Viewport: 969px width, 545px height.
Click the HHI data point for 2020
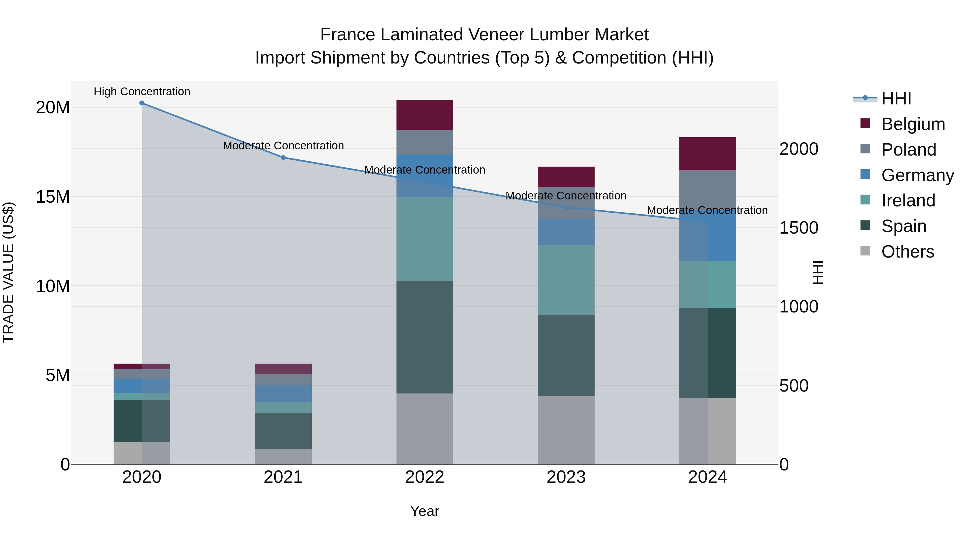(x=142, y=103)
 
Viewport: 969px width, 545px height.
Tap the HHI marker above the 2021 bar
(x=283, y=158)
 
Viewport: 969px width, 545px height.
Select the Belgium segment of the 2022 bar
(x=425, y=115)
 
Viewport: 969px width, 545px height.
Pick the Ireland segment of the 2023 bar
(x=566, y=280)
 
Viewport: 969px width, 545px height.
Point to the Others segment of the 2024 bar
(x=708, y=431)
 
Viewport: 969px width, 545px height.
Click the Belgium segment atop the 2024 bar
(x=708, y=154)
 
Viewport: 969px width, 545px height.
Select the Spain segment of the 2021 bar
(x=283, y=431)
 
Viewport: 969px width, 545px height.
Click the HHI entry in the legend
(x=896, y=99)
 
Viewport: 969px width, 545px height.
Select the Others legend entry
(x=907, y=252)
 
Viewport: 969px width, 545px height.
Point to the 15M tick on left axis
(x=53, y=197)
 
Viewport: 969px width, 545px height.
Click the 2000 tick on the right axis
(x=798, y=149)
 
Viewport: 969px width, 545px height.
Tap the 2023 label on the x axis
(x=566, y=477)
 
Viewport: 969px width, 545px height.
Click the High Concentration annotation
(x=142, y=92)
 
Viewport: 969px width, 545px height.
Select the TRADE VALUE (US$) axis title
(x=8, y=272)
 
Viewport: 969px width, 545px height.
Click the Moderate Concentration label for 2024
(x=707, y=210)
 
